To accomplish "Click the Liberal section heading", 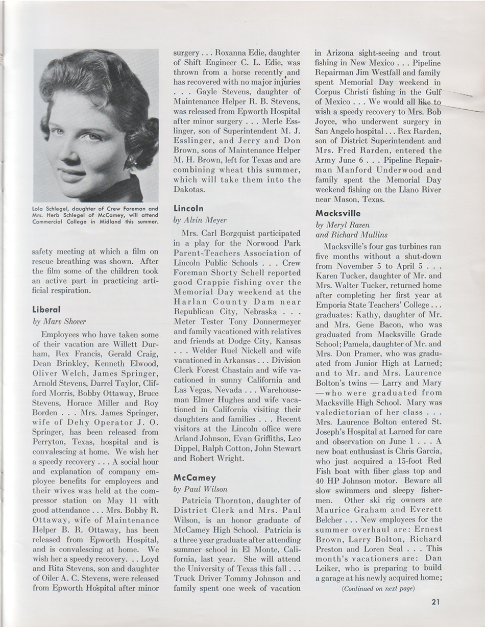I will (46, 309).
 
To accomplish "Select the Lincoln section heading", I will (188, 208).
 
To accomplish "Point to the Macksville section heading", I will (338, 213).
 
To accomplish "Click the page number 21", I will (435, 601).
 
